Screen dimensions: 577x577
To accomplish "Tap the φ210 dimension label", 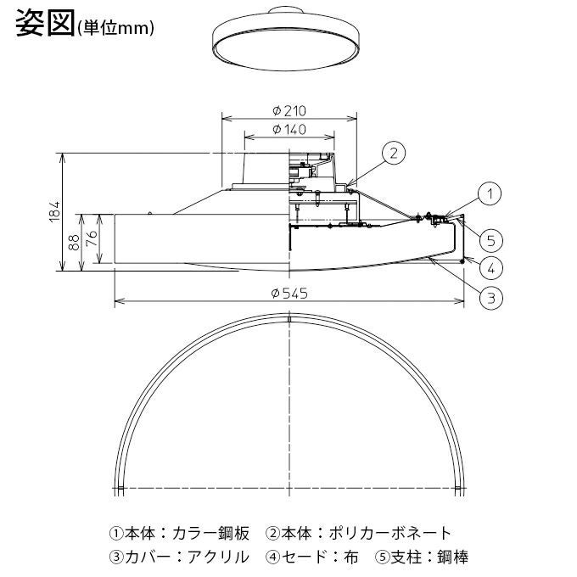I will click(289, 111).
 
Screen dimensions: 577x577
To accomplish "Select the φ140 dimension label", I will click(289, 131).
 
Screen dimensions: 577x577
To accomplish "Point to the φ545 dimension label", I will click(288, 292).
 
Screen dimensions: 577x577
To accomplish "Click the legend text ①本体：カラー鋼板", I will click(179, 534).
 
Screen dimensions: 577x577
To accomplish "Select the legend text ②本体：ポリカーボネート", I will click(359, 534).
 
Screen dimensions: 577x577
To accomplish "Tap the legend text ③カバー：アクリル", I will click(179, 557).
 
